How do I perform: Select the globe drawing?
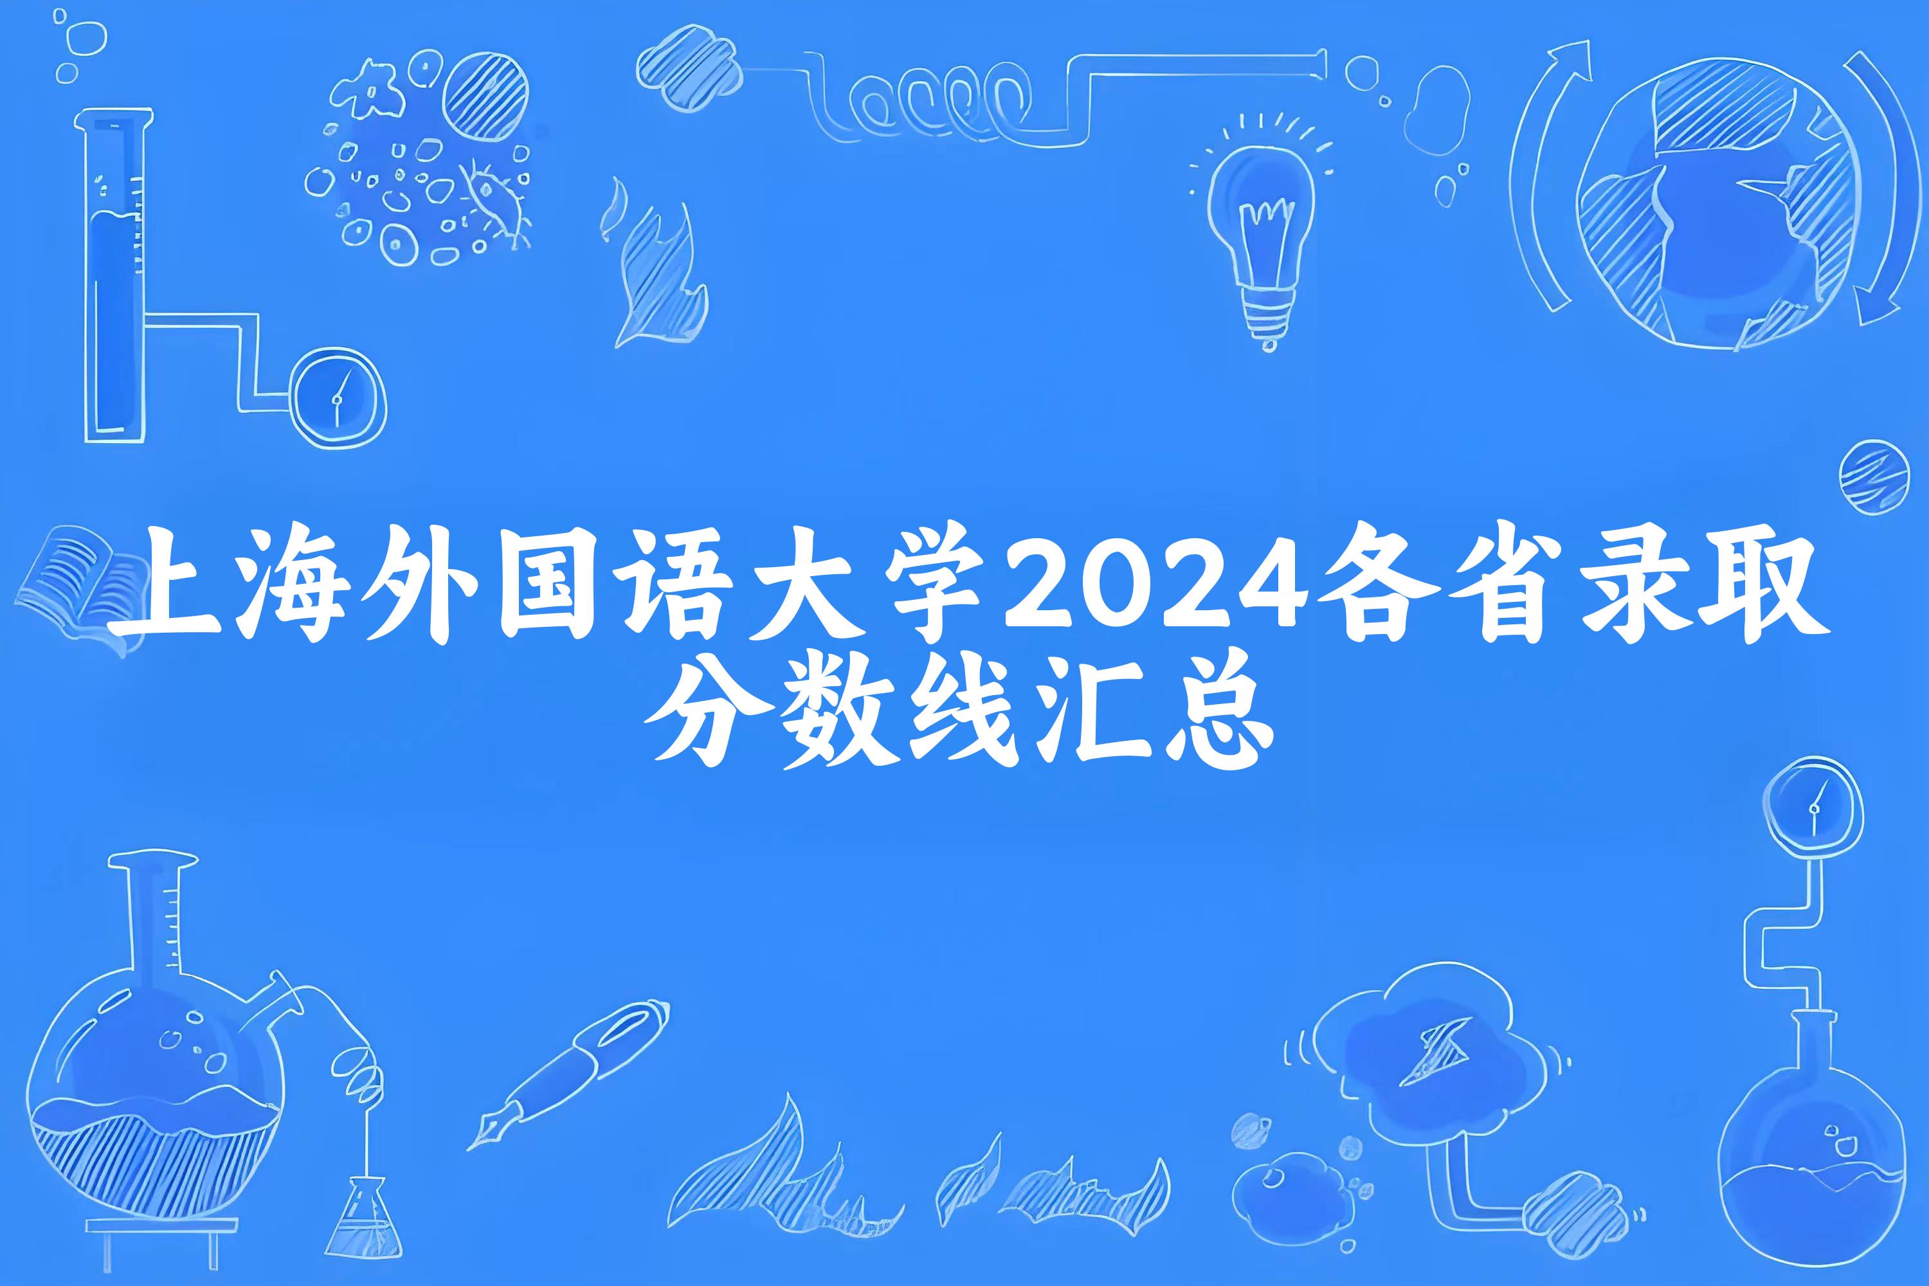point(1714,205)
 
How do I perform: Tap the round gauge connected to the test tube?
point(339,399)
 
